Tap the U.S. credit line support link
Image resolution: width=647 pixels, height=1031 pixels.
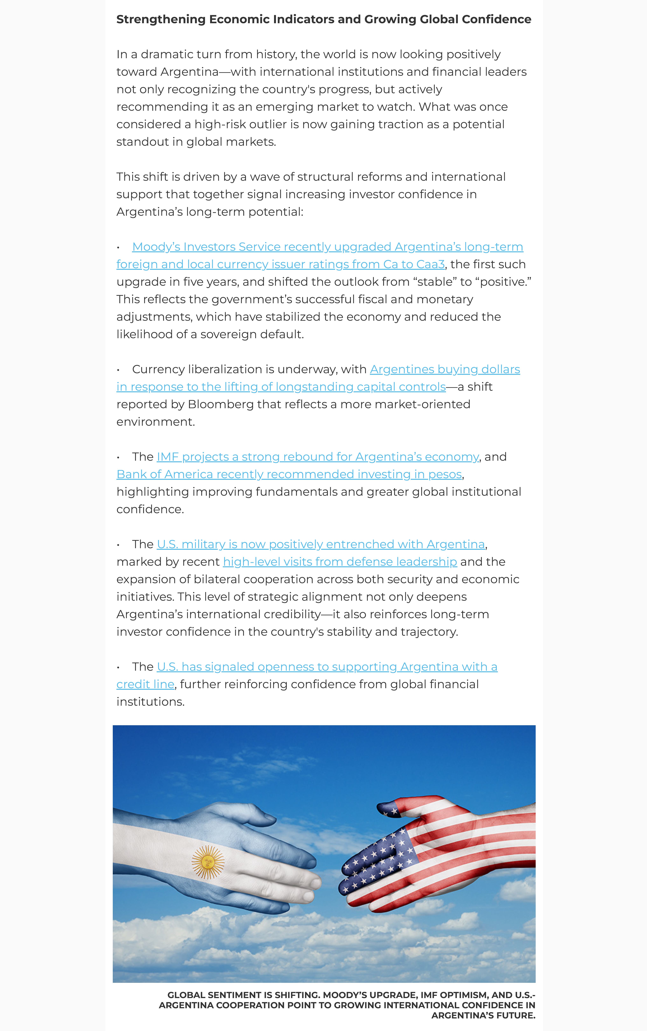point(327,667)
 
